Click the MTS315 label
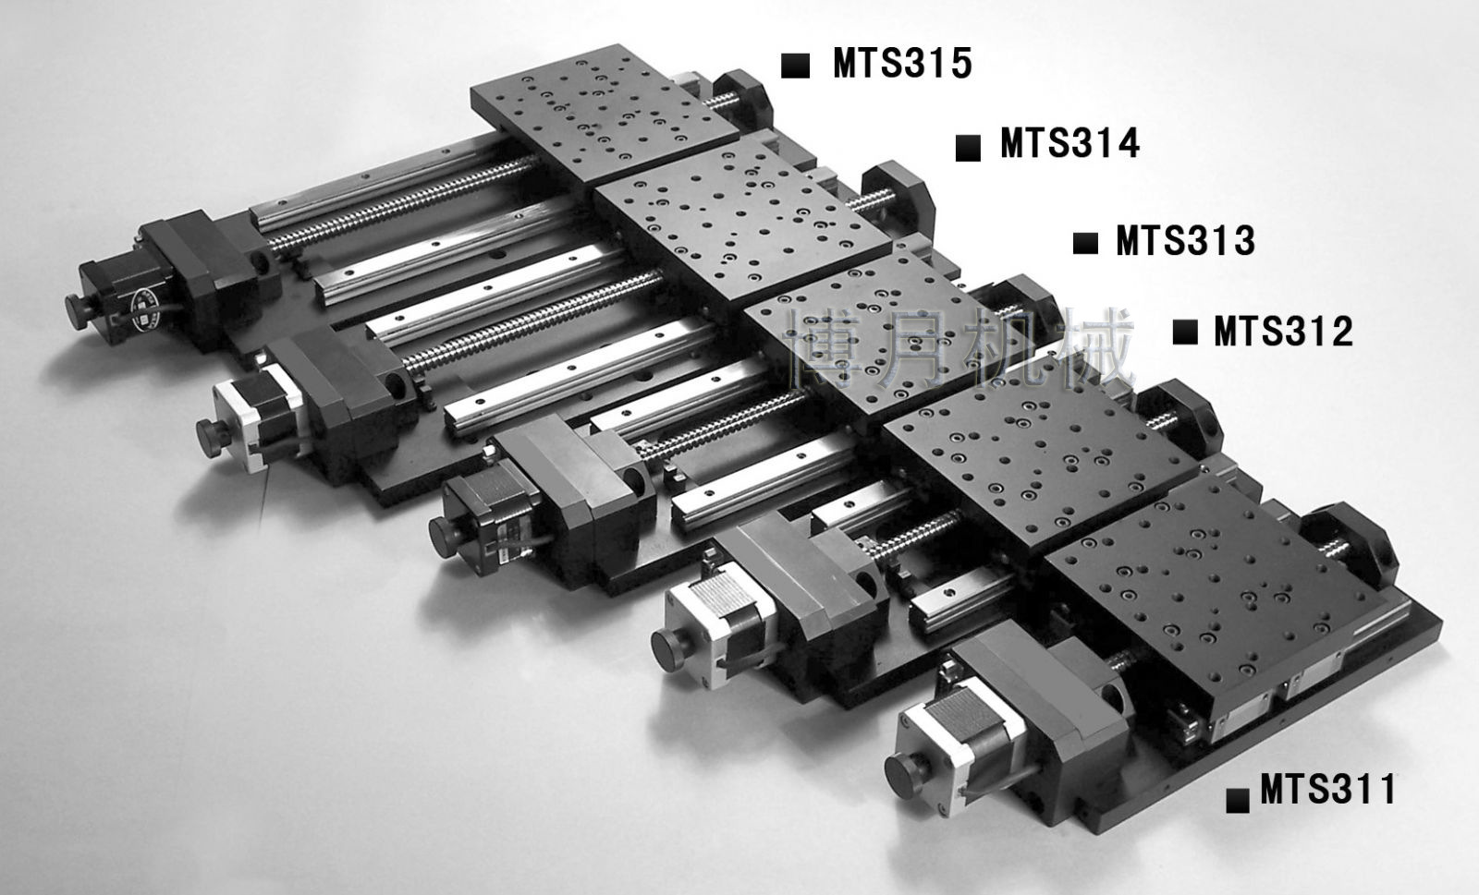902,64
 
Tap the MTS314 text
1070,143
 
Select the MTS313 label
1185,240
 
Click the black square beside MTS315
795,66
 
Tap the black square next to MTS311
1238,800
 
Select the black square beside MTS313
1085,243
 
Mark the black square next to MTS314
968,148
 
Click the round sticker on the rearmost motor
146,308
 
